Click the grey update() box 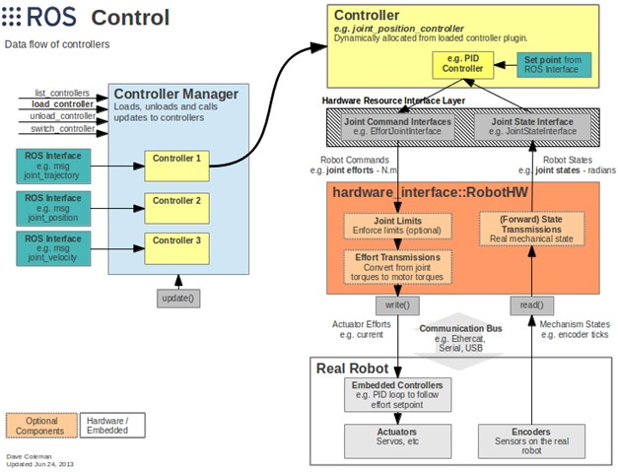[176, 298]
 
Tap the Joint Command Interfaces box [398, 126]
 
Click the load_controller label [62, 103]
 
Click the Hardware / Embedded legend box [106, 425]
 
